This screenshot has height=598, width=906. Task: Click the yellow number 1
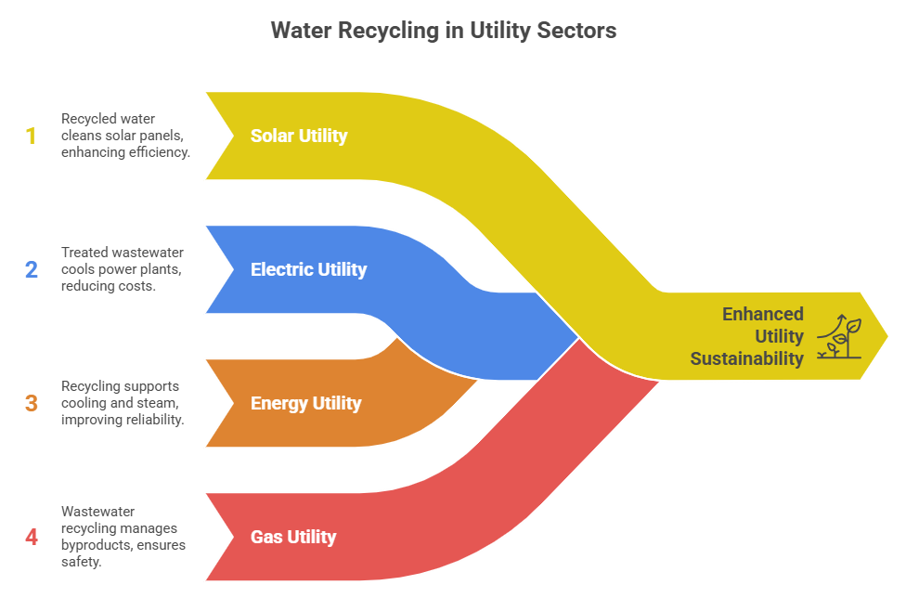click(x=31, y=136)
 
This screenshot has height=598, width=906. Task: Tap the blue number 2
click(x=31, y=270)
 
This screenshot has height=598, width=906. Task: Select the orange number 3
click(x=31, y=404)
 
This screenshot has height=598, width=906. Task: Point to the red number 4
click(x=31, y=538)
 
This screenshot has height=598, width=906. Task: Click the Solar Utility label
click(x=299, y=136)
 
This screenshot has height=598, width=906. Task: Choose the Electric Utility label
click(x=308, y=269)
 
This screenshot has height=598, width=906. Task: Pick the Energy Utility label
click(x=305, y=403)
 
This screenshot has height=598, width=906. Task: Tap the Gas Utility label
click(x=293, y=537)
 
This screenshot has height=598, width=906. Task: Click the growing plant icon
click(x=838, y=337)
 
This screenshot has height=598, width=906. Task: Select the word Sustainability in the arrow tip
click(x=746, y=358)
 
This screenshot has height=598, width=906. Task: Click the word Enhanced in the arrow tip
click(x=763, y=314)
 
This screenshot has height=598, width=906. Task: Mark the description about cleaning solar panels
click(x=125, y=136)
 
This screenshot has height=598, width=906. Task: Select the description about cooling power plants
click(x=121, y=269)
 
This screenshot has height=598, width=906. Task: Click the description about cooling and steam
click(x=123, y=403)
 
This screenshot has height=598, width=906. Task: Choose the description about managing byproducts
click(x=123, y=537)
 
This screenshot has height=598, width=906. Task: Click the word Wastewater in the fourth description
click(x=96, y=512)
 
